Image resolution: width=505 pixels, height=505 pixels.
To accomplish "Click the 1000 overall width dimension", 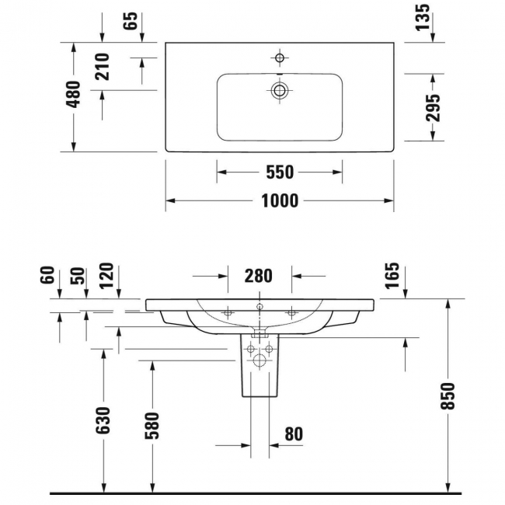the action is (x=280, y=200).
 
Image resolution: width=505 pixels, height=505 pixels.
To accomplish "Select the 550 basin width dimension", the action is (x=280, y=172).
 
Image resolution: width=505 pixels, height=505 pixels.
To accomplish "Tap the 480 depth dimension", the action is (x=73, y=94).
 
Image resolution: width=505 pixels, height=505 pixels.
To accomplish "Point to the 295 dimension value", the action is (x=433, y=107).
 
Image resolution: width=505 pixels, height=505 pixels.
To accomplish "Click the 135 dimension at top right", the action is (x=423, y=17).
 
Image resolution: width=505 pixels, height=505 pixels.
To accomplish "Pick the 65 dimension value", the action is (x=131, y=20).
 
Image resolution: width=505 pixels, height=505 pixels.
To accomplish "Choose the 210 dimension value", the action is (x=103, y=67).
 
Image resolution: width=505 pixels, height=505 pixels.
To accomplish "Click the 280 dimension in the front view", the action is (x=258, y=276).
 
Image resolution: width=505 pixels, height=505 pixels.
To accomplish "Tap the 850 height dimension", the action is (x=448, y=395).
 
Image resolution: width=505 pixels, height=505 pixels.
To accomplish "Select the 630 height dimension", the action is (x=103, y=420).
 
